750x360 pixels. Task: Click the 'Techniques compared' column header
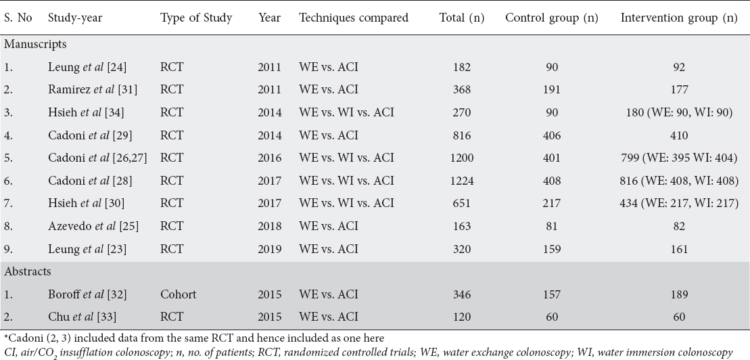[x=354, y=18]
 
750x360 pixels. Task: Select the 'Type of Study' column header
[x=196, y=18]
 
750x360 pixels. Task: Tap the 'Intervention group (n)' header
[x=679, y=18]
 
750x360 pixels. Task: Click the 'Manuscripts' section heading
[x=35, y=44]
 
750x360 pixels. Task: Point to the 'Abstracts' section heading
[x=28, y=271]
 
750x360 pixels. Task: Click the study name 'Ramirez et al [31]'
[x=93, y=89]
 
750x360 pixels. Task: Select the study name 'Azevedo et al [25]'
[x=93, y=226]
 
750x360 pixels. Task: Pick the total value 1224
[x=462, y=181]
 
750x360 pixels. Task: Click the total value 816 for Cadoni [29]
[x=462, y=135]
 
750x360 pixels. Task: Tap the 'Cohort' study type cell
[x=178, y=294]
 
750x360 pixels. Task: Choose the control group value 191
[x=551, y=89]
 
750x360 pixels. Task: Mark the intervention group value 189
[x=679, y=294]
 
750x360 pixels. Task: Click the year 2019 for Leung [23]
[x=270, y=249]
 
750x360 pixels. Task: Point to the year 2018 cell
[x=270, y=226]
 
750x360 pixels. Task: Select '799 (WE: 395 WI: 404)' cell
[x=679, y=158]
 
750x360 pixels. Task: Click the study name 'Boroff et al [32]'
[x=87, y=294]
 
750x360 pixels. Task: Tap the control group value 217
[x=551, y=204]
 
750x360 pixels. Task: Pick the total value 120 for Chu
[x=462, y=317]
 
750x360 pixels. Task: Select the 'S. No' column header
[x=18, y=18]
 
